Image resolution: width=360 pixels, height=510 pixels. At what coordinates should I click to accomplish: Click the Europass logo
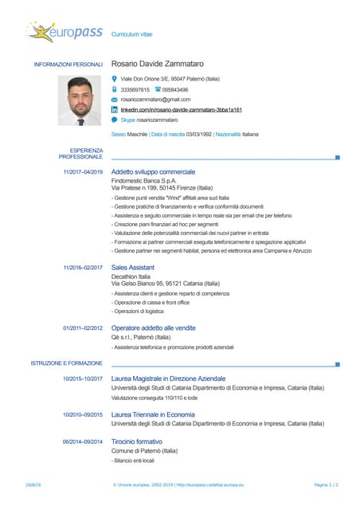tap(63, 33)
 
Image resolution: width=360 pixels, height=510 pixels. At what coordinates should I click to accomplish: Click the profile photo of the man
tap(80, 100)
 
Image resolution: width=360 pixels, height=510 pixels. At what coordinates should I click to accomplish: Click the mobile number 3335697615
tap(135, 89)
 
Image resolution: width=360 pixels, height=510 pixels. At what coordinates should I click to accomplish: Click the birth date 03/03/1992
tap(198, 134)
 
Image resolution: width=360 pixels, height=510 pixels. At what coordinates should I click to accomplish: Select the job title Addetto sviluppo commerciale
tap(153, 172)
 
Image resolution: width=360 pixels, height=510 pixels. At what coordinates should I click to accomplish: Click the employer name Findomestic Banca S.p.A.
tap(143, 181)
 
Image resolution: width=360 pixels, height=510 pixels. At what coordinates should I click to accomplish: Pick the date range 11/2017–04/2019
tap(83, 172)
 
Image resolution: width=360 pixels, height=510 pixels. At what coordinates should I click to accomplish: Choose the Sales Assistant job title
tap(133, 268)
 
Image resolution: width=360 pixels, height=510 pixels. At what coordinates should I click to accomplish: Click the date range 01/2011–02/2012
tap(83, 328)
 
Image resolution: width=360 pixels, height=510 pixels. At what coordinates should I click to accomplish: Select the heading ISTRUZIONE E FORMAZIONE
tap(67, 363)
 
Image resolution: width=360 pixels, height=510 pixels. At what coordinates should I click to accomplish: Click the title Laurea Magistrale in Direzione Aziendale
tap(168, 379)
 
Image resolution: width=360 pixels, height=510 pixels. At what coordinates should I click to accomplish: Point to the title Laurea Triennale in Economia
tap(153, 414)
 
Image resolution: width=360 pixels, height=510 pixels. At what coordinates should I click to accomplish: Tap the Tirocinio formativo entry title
tap(137, 441)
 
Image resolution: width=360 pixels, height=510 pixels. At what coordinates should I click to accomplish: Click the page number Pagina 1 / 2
tap(327, 484)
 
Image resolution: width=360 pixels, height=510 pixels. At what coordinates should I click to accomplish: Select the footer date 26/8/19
tap(33, 484)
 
